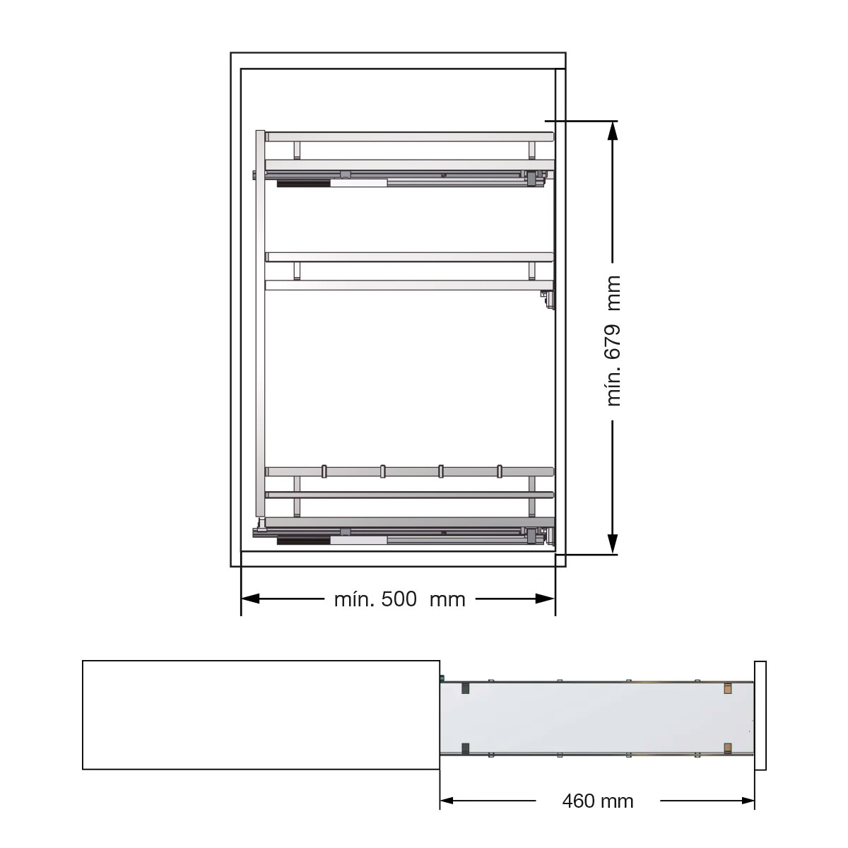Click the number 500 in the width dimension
(x=399, y=599)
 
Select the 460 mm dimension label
(x=598, y=801)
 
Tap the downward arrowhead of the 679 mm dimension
(x=612, y=543)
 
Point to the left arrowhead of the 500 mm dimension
(x=250, y=599)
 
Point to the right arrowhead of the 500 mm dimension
(x=545, y=599)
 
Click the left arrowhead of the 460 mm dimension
(x=447, y=801)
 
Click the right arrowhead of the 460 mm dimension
(x=748, y=801)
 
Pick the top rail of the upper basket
(x=410, y=137)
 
